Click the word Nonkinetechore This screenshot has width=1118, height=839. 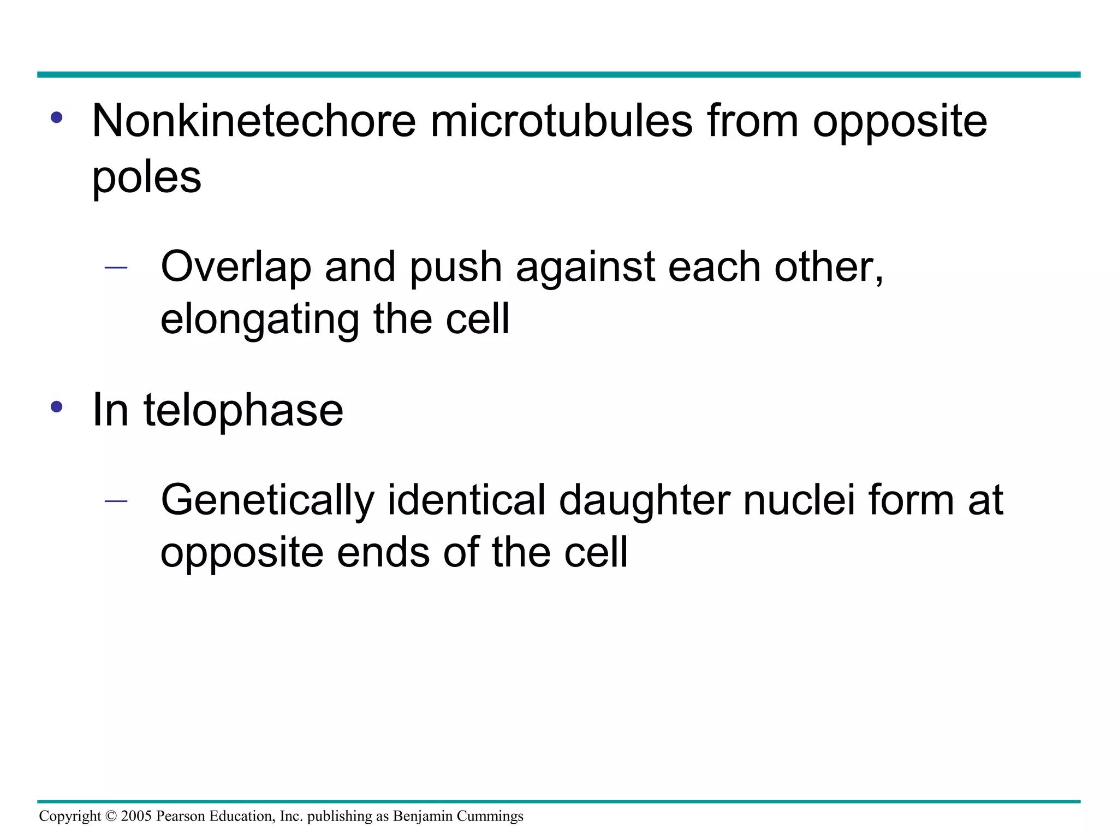pos(254,121)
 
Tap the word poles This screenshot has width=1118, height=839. pos(146,178)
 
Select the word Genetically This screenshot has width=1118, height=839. pos(267,500)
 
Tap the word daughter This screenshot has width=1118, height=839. pos(645,500)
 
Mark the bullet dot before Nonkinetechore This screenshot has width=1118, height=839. pos(56,117)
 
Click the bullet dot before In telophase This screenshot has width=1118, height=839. pos(56,407)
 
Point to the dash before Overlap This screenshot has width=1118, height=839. pos(116,268)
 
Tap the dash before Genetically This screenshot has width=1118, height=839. pos(116,501)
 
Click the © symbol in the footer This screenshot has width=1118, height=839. pos(111,816)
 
